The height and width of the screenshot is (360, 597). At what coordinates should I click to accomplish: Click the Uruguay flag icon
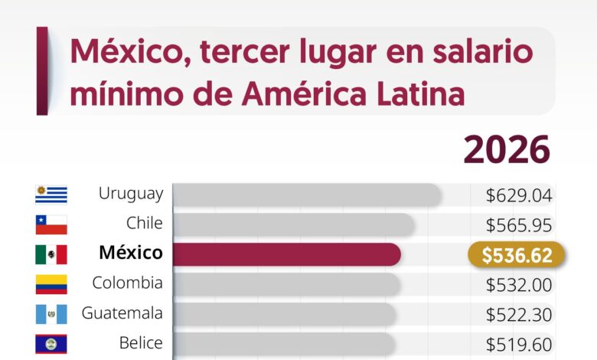[51, 195]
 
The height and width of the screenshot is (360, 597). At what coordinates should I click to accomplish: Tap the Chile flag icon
[51, 224]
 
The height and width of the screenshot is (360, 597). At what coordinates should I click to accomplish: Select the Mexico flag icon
[51, 254]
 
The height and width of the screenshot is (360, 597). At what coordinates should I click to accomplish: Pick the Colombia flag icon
[51, 284]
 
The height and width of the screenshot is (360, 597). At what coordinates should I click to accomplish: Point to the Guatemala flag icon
[51, 314]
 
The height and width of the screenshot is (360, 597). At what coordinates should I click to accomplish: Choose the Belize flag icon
[51, 343]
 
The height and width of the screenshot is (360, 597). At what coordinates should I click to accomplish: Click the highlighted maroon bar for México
[286, 254]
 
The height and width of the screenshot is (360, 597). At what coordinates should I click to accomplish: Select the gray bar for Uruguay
[306, 195]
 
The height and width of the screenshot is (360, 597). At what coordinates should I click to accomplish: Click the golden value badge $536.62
[517, 255]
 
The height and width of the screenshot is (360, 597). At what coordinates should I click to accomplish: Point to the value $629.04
[518, 195]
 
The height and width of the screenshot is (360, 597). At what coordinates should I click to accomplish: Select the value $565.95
[518, 225]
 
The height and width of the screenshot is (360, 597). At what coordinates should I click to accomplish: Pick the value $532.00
[518, 285]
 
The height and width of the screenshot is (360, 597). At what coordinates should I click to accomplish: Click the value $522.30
[518, 315]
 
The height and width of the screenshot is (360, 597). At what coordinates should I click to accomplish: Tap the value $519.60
[518, 344]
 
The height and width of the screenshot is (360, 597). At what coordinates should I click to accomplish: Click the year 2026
[506, 149]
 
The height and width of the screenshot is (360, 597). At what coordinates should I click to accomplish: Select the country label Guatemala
[122, 313]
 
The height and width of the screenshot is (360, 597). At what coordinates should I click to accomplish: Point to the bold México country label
[130, 254]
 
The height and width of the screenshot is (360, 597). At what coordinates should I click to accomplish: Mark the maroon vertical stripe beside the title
[42, 70]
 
